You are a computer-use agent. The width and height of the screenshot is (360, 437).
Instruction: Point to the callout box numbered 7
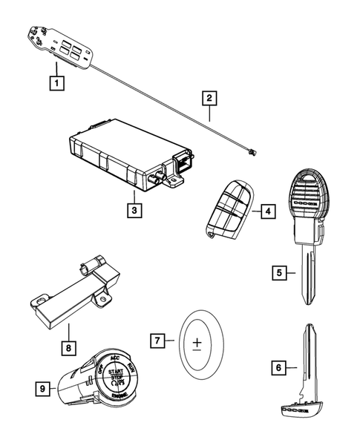click(x=156, y=341)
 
